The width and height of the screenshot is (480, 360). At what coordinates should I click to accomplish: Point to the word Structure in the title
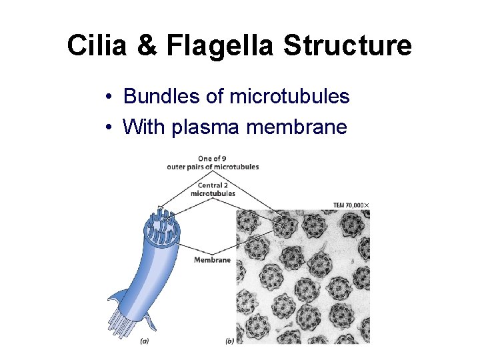click(347, 46)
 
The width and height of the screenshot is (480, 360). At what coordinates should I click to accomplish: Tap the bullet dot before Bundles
click(108, 97)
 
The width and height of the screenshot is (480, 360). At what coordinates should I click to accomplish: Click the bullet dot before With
click(108, 127)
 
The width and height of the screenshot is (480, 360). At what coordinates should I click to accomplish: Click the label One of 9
click(213, 159)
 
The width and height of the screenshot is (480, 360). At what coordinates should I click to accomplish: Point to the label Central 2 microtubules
click(213, 189)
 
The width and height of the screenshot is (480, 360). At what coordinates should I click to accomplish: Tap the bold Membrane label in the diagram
click(212, 260)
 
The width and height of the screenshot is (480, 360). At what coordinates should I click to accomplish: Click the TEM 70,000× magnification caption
click(351, 205)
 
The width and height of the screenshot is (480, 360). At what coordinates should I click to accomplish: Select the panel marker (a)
click(145, 341)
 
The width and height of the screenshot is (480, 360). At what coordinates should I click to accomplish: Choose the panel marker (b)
click(229, 341)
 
